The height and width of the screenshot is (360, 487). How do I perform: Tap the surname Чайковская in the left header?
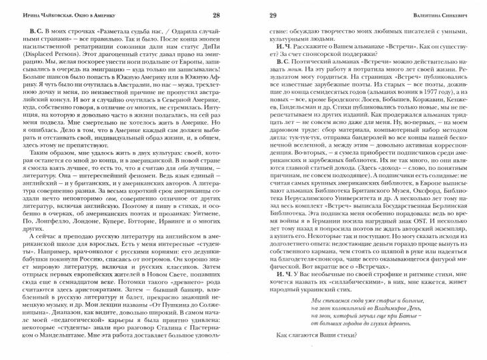(x=60, y=16)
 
